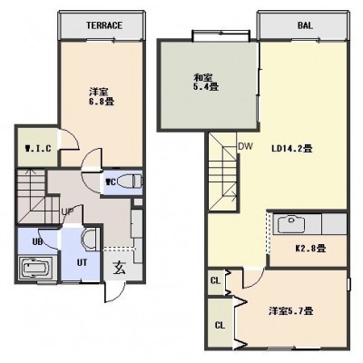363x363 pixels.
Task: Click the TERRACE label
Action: click(104, 25)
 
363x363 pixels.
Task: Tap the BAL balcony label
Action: click(305, 25)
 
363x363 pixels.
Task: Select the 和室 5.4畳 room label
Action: click(206, 83)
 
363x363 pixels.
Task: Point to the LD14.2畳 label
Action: click(292, 149)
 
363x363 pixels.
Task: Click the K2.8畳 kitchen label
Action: click(310, 249)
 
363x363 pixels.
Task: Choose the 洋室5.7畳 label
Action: click(291, 310)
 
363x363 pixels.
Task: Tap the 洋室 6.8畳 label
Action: click(101, 96)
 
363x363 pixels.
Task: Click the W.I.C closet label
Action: click(38, 149)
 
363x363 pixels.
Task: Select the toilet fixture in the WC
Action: click(129, 181)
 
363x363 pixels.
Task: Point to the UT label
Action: click(82, 262)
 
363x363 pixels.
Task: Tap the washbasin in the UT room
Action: click(90, 240)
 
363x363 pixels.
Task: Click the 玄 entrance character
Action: click(119, 268)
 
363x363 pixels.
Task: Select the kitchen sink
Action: click(292, 224)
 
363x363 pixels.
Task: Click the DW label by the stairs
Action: click(245, 146)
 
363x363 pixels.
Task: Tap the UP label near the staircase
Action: click(68, 211)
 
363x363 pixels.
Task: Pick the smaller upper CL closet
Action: click(216, 281)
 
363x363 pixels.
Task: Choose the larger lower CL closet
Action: click(220, 325)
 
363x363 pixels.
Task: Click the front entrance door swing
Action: click(115, 291)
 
